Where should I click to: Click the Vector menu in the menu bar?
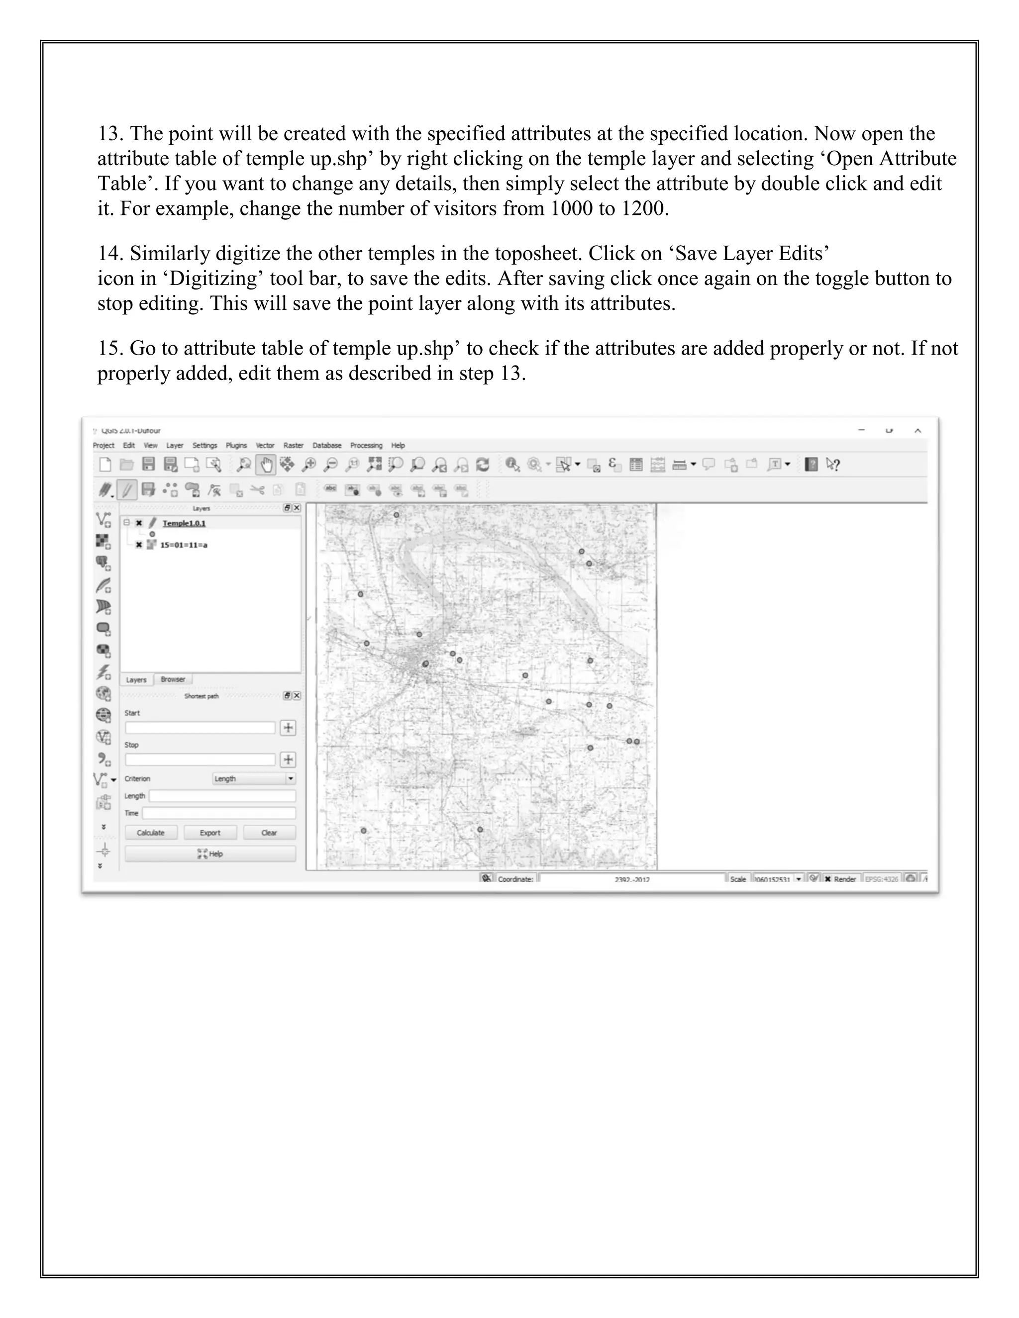(265, 445)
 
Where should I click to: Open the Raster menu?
(294, 445)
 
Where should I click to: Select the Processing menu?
(366, 445)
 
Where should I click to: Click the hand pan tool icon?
(266, 465)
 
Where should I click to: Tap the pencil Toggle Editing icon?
(127, 489)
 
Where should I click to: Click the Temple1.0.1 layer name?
(184, 523)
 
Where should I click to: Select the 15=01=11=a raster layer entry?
(184, 545)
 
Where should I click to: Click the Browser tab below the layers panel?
(173, 679)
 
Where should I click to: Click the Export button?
(210, 833)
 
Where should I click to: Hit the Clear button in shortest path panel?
(269, 833)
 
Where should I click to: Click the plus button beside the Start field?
(289, 728)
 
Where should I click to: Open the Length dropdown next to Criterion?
(254, 778)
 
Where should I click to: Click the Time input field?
(218, 813)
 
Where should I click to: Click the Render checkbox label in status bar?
(844, 879)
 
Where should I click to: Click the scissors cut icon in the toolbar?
(258, 489)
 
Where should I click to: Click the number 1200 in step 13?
(642, 209)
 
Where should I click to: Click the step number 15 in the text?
(110, 349)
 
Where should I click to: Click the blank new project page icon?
(105, 465)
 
